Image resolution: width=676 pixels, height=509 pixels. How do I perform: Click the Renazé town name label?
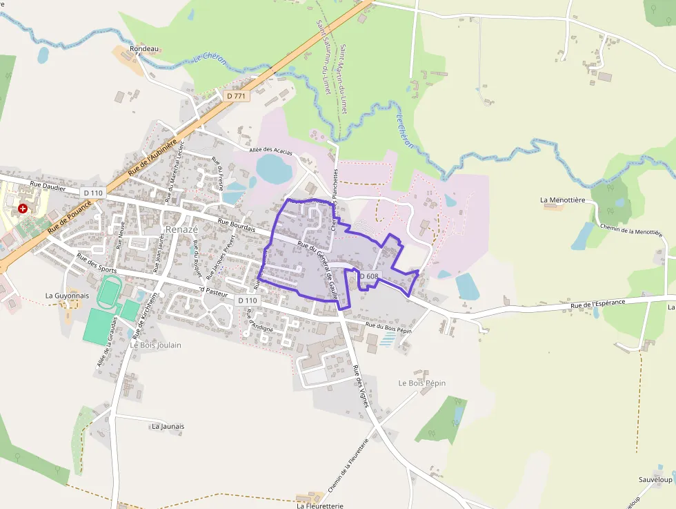[181, 229]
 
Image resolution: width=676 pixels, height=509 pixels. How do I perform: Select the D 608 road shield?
[369, 276]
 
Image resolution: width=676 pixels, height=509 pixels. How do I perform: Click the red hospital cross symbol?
[23, 208]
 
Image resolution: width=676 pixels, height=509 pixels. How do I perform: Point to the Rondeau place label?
[145, 49]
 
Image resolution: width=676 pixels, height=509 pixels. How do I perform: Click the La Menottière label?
[563, 200]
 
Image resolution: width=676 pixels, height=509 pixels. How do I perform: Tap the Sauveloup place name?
[655, 479]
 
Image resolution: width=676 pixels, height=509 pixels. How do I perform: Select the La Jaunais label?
[168, 426]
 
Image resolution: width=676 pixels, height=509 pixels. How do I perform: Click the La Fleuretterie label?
[320, 505]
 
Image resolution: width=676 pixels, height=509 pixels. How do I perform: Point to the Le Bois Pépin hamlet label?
[422, 383]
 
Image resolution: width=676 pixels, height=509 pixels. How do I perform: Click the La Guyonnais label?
[68, 295]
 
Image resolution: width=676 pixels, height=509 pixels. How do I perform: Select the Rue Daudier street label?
[48, 186]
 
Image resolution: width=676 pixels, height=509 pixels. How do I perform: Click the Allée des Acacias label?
[271, 151]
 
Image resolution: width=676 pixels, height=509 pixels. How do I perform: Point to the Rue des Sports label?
[97, 265]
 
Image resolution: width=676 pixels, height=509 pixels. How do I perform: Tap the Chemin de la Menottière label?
[631, 231]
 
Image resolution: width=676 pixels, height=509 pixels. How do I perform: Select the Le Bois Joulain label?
[156, 345]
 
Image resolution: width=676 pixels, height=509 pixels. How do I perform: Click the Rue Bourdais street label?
[237, 226]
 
